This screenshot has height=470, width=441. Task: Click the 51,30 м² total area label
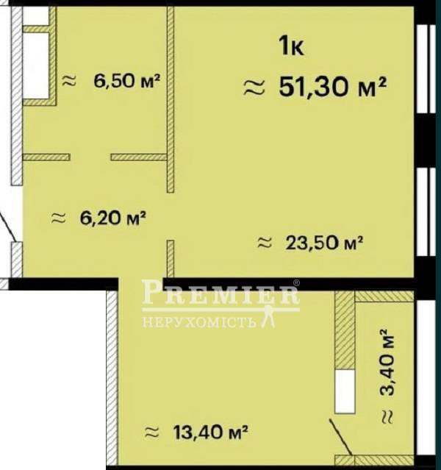click(332, 87)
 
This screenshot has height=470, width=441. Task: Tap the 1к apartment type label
click(291, 46)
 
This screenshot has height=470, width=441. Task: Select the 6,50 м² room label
click(126, 81)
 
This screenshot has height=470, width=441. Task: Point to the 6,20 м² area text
click(112, 218)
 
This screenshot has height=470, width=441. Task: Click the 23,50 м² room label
click(324, 243)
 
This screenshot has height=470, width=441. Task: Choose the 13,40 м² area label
click(211, 432)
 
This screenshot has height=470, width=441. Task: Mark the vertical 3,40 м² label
click(387, 363)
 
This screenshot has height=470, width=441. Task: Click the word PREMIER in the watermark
click(220, 292)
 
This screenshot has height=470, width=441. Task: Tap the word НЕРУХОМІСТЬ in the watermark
click(199, 322)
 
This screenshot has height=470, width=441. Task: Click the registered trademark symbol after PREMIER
click(296, 282)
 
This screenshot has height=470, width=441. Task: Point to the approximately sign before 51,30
click(254, 88)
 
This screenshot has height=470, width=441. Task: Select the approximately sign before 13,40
click(151, 432)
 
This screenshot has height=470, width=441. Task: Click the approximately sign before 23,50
click(265, 243)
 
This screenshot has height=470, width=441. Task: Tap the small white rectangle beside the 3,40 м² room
click(345, 391)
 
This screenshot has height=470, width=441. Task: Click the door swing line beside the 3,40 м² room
click(341, 437)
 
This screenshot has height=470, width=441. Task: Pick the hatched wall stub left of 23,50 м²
click(171, 259)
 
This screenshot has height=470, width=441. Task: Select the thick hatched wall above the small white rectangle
click(345, 330)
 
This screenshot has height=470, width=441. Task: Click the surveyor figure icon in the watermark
click(268, 316)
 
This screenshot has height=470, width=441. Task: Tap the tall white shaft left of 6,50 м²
click(36, 65)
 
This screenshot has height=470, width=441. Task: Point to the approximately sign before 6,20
click(58, 218)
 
